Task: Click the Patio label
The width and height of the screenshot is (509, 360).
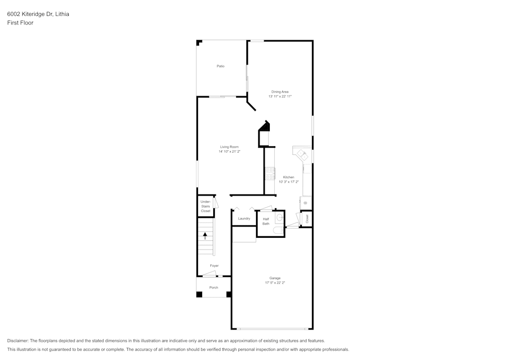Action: click(x=220, y=66)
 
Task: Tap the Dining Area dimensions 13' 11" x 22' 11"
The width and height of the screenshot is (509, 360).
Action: click(x=280, y=96)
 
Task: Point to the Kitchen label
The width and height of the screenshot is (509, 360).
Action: click(x=289, y=177)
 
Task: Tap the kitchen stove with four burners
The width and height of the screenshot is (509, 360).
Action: click(x=270, y=174)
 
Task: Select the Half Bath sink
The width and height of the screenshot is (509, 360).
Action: click(x=279, y=219)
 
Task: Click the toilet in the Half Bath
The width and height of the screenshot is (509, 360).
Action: click(x=278, y=231)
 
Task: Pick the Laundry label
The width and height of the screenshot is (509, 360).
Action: click(x=244, y=218)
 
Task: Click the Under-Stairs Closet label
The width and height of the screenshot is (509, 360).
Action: click(x=205, y=206)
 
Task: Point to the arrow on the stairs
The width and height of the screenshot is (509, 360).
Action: click(x=206, y=236)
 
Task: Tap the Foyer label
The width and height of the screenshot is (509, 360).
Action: click(x=214, y=266)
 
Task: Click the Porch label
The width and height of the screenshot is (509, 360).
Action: click(x=214, y=288)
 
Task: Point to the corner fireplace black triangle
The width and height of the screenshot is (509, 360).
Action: click(x=264, y=126)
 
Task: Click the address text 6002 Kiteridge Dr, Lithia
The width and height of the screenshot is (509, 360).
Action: click(x=38, y=14)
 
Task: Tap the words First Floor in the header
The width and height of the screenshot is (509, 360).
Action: click(x=20, y=23)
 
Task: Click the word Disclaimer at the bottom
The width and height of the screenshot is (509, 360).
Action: click(x=18, y=341)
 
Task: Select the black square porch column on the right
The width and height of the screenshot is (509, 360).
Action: click(x=229, y=294)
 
